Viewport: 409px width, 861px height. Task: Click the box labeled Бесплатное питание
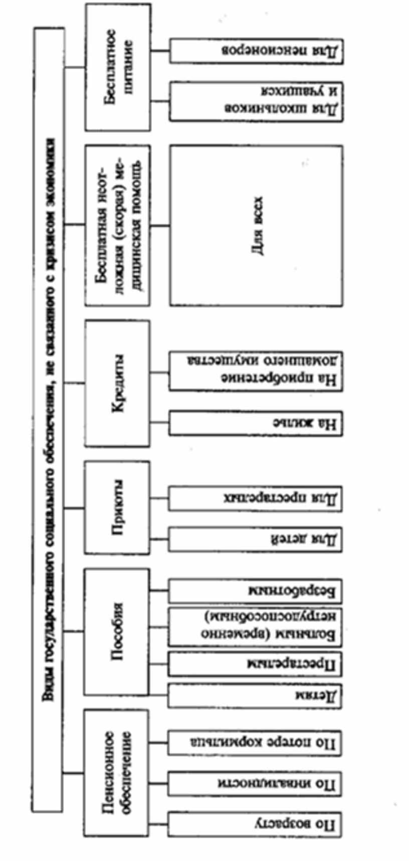pos(118,67)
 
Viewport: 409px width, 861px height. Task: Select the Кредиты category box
pos(118,383)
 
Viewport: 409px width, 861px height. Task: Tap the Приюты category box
pos(118,508)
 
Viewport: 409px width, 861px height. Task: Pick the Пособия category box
pos(117,631)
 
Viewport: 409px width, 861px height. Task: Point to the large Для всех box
pos(257,225)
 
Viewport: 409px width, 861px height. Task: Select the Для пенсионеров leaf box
pos(256,51)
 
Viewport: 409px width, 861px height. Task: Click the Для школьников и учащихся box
pos(256,101)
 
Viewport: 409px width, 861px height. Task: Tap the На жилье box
pos(256,423)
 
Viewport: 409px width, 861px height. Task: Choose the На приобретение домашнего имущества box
pos(256,372)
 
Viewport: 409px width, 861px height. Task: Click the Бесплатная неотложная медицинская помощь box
pos(118,225)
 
